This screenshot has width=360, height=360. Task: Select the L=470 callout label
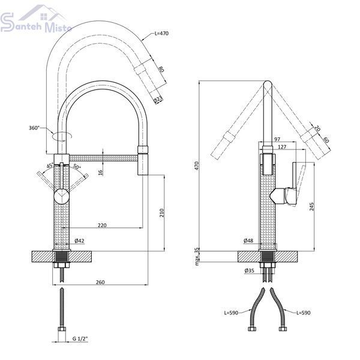161,33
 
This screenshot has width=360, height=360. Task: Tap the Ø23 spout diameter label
158,100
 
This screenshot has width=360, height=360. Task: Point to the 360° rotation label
34,128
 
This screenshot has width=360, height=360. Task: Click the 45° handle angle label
50,166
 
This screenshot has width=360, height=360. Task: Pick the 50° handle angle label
77,166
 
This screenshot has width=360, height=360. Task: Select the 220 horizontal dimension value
102,225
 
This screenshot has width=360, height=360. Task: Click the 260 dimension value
100,282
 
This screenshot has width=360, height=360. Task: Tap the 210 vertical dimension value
161,213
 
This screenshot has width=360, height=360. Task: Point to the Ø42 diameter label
79,241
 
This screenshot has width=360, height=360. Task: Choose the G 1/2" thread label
80,338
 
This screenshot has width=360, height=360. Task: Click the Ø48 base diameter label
248,241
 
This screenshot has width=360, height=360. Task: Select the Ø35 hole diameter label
250,271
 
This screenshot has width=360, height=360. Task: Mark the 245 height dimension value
311,206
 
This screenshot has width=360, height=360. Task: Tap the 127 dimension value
282,146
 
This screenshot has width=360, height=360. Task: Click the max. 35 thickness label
197,256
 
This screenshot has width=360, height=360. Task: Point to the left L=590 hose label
231,313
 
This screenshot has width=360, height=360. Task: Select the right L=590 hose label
303,313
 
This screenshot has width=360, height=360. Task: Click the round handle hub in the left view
61,196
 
